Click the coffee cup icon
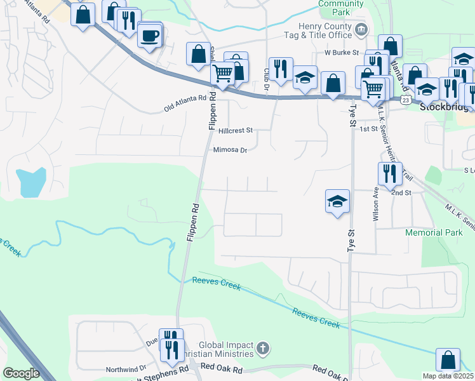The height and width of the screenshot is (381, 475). coord(149,36)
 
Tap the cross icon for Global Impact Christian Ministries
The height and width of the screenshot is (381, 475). coord(264,348)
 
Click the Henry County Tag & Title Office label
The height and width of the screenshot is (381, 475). coord(326,29)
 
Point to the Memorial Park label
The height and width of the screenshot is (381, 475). coord(433,232)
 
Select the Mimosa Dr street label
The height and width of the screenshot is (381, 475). coord(230,150)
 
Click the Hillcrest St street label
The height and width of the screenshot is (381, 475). coord(235,130)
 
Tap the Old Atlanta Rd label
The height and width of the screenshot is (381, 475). coord(185,103)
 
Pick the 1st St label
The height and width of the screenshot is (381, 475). coord(368,129)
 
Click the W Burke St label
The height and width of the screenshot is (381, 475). coord(342,52)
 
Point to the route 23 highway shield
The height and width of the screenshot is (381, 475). coord(405,100)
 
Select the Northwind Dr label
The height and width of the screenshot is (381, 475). coord(126,368)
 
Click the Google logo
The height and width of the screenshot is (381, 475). coord(22,373)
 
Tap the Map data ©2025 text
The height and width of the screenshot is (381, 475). coord(448,376)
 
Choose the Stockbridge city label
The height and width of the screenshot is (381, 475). coord(445,107)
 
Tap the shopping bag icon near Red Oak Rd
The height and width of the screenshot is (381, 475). coord(448,360)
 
